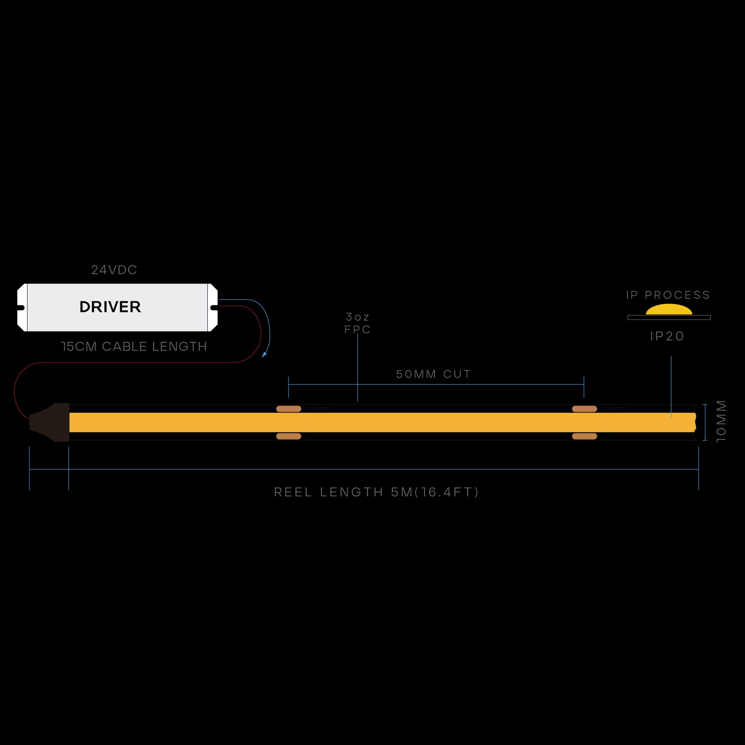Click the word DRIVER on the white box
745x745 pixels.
[x=110, y=307]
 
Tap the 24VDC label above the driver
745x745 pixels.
[x=114, y=270]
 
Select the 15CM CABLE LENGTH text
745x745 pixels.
[x=134, y=346]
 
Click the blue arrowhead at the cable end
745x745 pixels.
[x=264, y=354]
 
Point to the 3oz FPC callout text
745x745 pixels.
[x=358, y=323]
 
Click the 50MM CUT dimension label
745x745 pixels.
[x=433, y=374]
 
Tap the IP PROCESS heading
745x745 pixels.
[x=668, y=295]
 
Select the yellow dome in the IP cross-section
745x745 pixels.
[x=669, y=310]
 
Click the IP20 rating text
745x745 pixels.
[x=667, y=336]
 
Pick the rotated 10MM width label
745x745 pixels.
[x=721, y=421]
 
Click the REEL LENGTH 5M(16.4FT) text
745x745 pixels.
[x=376, y=492]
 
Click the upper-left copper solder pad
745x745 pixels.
[x=288, y=409]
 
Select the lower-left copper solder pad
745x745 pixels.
[x=288, y=436]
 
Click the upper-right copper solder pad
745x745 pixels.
[x=584, y=409]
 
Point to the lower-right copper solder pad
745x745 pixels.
[x=584, y=436]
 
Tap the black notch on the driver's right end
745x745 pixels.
[x=214, y=308]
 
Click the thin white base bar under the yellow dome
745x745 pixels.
[x=669, y=317]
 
